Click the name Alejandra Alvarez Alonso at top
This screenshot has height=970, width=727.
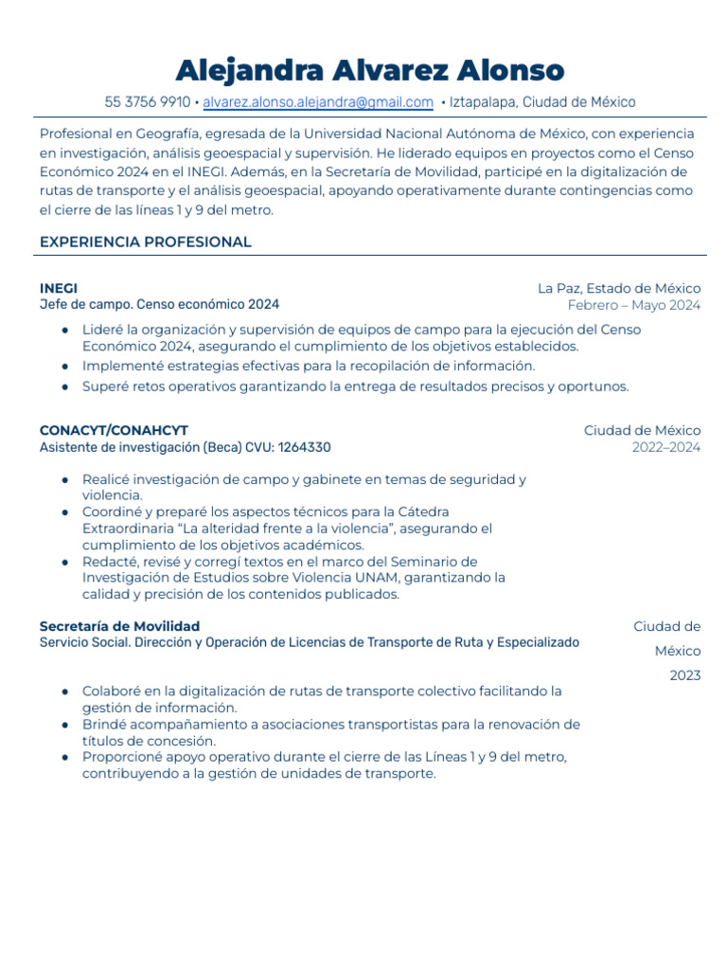(370, 70)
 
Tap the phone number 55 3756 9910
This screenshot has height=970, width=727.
(147, 102)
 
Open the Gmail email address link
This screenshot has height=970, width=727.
(318, 102)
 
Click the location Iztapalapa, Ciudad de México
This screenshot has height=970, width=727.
(542, 102)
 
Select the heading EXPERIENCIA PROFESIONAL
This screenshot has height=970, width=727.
(145, 242)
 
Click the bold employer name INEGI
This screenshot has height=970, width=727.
(59, 288)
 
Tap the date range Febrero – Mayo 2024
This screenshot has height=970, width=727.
(633, 305)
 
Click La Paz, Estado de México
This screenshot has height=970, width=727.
(619, 288)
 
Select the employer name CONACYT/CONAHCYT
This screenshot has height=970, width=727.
(114, 431)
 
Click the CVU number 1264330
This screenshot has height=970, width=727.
(304, 447)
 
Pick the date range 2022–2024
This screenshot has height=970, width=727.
(666, 447)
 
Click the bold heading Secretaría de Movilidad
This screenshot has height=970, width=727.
(119, 626)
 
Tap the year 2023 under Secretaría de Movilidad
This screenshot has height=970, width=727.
(684, 675)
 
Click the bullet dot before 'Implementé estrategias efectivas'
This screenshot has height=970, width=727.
(64, 366)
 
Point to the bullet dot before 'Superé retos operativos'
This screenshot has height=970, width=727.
(64, 386)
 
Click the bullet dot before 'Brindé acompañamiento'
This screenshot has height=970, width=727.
(64, 725)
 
